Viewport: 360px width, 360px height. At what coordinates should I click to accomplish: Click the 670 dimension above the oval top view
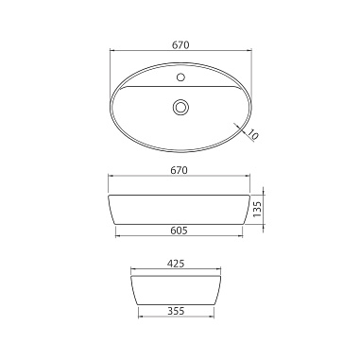click(180, 45)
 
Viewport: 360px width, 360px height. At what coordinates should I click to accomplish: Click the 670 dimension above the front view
click(179, 170)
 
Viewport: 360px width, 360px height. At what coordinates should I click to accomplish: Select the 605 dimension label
click(179, 231)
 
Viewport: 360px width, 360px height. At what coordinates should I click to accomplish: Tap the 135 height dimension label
click(257, 209)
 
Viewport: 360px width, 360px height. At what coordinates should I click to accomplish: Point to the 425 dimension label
click(176, 264)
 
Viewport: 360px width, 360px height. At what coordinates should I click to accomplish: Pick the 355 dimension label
click(176, 311)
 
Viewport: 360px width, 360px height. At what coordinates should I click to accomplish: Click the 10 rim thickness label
click(252, 134)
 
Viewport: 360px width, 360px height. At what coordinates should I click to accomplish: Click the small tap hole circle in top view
click(180, 77)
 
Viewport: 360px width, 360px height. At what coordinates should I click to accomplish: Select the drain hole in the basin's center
click(180, 107)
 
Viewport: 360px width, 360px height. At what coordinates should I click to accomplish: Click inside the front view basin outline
click(180, 210)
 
